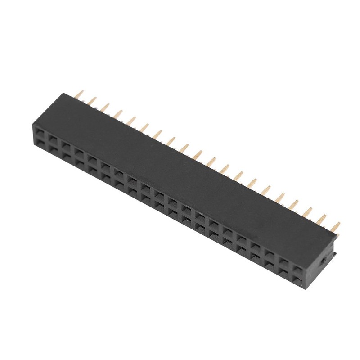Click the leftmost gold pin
pos(80,95)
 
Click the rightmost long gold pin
pos(336,226)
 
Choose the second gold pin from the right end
pos(322,219)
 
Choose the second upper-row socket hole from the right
pos(284,262)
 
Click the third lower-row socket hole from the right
pos(270,266)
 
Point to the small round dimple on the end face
pos(322,261)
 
